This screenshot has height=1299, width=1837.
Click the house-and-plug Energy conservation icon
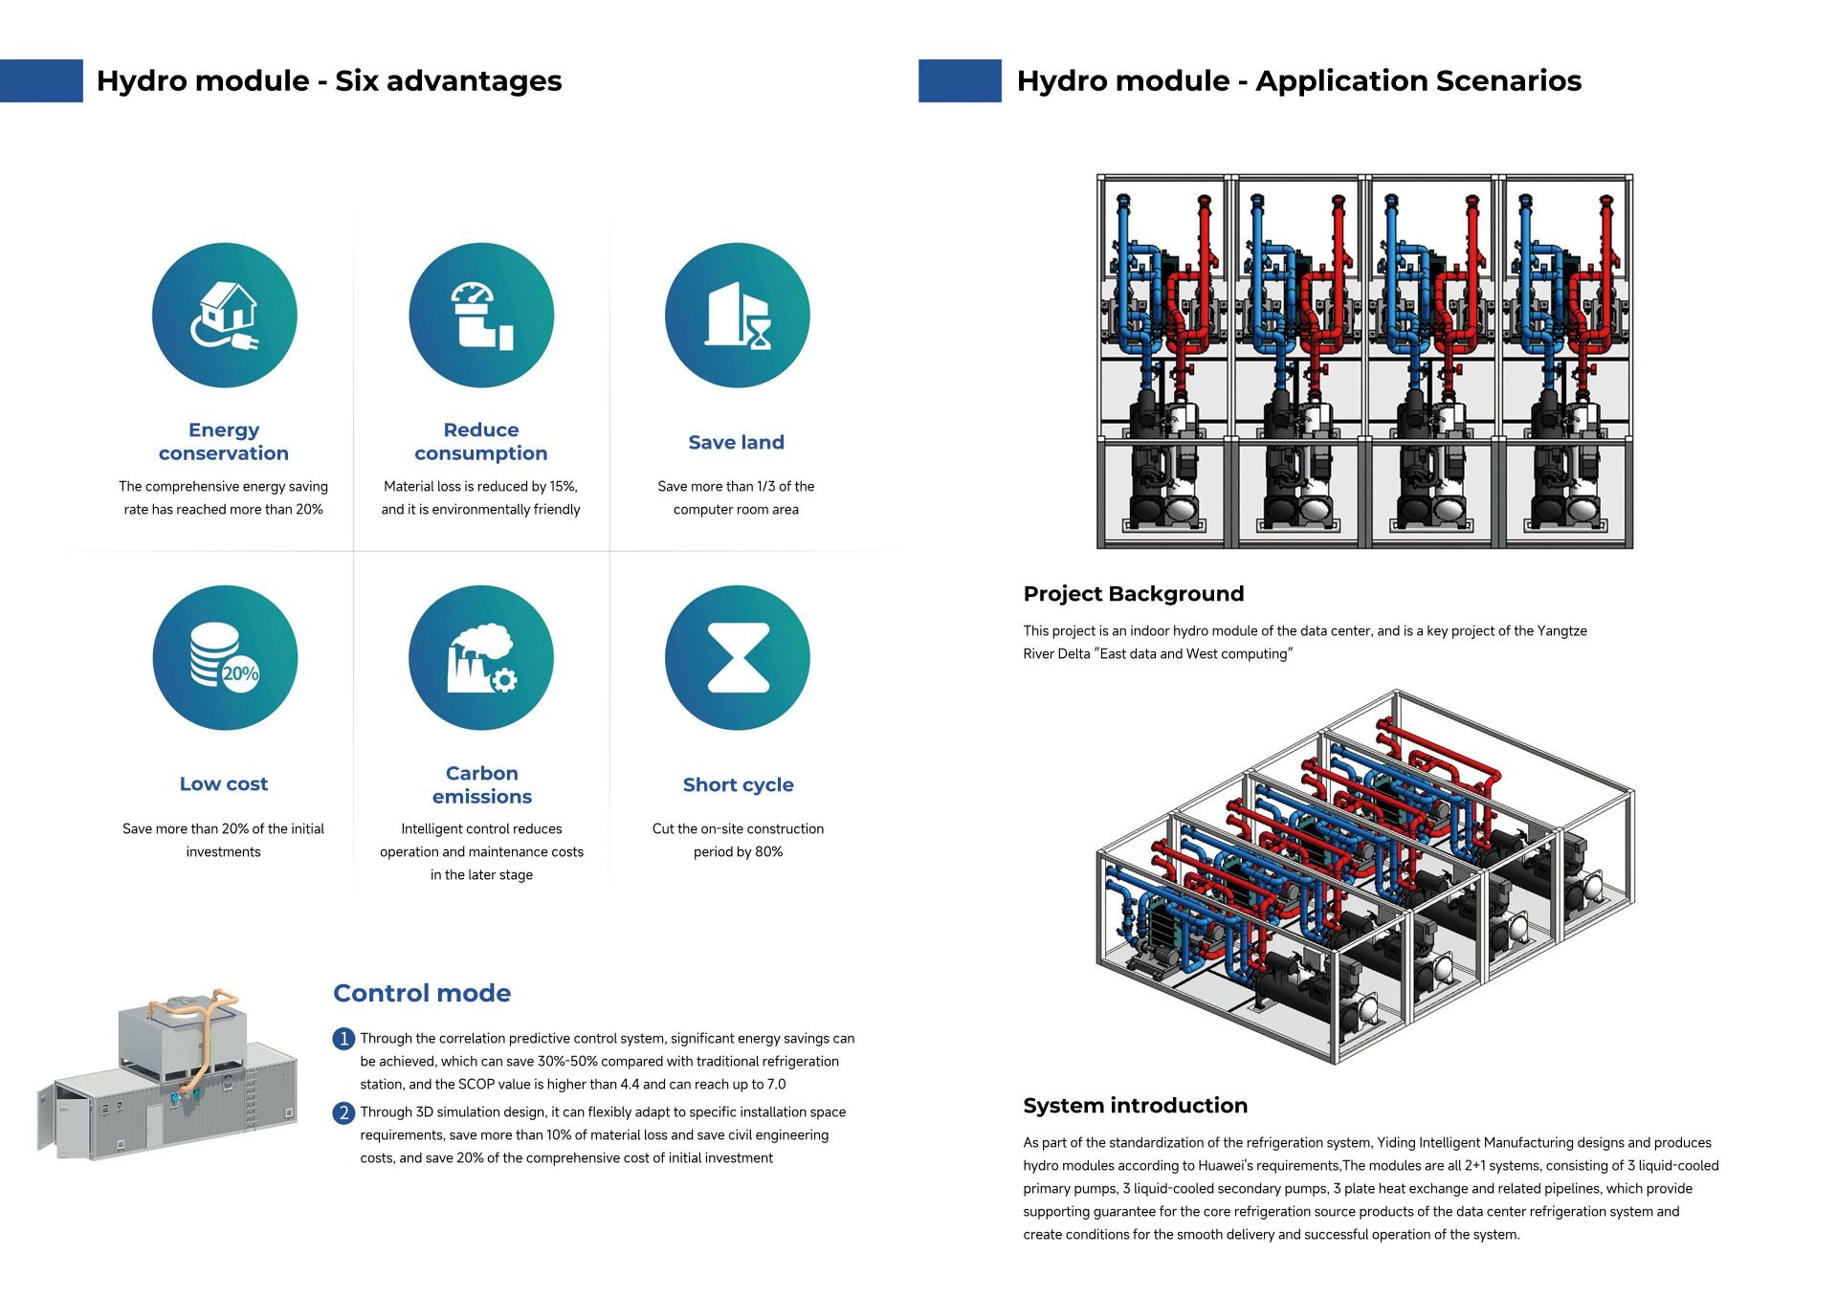click(224, 316)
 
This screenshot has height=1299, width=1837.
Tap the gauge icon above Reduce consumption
click(480, 316)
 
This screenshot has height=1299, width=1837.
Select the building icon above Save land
click(737, 316)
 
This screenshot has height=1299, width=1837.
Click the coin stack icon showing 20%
click(224, 658)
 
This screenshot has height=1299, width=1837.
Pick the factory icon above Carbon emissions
click(480, 658)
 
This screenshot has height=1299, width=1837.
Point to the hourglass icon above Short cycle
click(737, 658)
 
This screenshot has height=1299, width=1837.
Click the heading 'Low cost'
click(224, 784)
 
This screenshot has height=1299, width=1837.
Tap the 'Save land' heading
click(736, 443)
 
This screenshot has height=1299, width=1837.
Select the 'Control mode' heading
click(422, 993)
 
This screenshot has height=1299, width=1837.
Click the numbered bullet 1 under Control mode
click(343, 1039)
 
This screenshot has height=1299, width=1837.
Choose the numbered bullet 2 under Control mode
click(343, 1112)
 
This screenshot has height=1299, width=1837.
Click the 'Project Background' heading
click(1133, 594)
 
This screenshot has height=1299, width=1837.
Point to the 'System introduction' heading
click(1135, 1106)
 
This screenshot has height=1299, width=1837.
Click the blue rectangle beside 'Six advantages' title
click(41, 80)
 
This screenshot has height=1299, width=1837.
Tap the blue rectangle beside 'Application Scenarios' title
click(960, 80)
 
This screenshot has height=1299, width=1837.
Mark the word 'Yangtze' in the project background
click(1561, 631)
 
